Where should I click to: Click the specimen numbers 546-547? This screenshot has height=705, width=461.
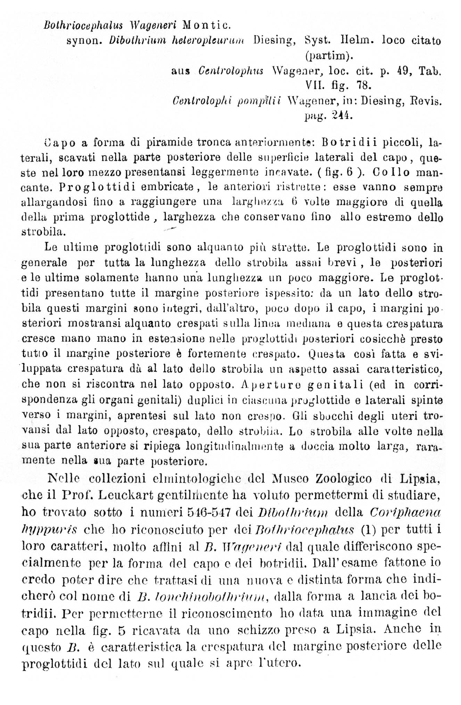pos(209,512)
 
